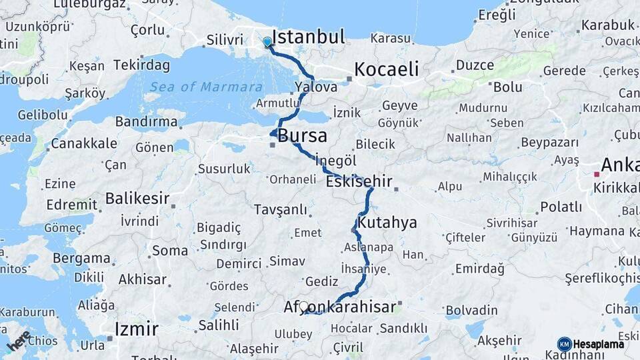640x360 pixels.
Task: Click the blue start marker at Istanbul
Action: click(x=267, y=42)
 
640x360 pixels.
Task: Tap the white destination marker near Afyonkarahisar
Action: click(x=304, y=307)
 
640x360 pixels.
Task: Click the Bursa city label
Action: click(x=303, y=137)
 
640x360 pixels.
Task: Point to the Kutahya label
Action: click(x=387, y=222)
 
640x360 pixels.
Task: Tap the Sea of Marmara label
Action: click(x=205, y=87)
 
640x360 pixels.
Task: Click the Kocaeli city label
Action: click(x=387, y=69)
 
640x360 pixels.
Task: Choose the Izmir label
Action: click(x=136, y=329)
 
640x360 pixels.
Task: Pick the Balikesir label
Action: click(x=137, y=198)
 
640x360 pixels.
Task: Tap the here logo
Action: click(x=18, y=340)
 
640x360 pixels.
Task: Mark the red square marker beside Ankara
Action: click(x=597, y=174)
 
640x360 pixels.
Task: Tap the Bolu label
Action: click(x=507, y=87)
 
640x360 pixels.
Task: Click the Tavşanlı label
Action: click(x=280, y=209)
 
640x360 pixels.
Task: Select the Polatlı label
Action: click(x=561, y=207)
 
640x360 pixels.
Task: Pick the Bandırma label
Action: click(x=146, y=122)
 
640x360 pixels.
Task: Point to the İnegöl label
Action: click(x=336, y=161)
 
